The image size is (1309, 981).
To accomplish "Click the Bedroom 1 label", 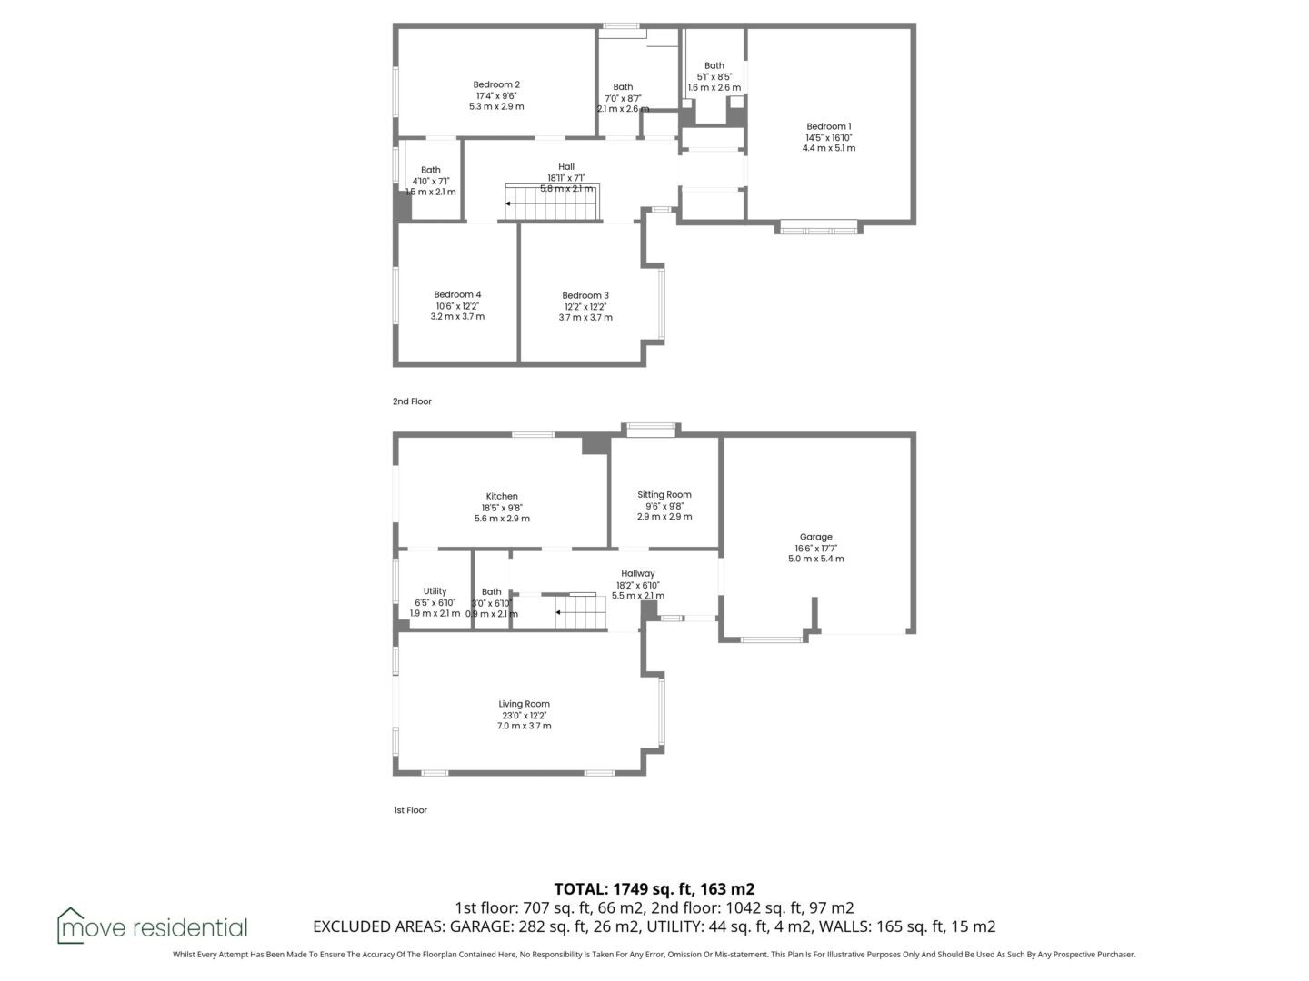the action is pyautogui.click(x=828, y=126).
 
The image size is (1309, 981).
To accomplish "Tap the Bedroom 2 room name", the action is pyautogui.click(x=496, y=84).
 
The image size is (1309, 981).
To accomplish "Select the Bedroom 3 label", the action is pyautogui.click(x=585, y=295).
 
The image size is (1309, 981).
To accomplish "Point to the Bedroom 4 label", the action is pyautogui.click(x=457, y=294).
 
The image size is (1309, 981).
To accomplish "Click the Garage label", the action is pyautogui.click(x=815, y=537).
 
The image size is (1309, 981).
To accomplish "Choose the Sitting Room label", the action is pyautogui.click(x=664, y=495).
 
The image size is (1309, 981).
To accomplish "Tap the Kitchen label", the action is pyautogui.click(x=502, y=496).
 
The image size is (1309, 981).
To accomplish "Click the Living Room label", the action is pyautogui.click(x=524, y=704).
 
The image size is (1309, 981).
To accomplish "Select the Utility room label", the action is pyautogui.click(x=435, y=591).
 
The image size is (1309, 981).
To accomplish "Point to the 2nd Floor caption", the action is pyautogui.click(x=412, y=401).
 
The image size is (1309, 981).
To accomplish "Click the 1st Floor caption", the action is pyautogui.click(x=410, y=810).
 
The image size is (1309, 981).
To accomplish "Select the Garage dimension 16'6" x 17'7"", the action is pyautogui.click(x=815, y=549).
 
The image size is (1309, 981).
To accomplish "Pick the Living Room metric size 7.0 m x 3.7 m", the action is pyautogui.click(x=524, y=726).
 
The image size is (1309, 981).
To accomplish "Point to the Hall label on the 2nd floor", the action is pyautogui.click(x=566, y=167).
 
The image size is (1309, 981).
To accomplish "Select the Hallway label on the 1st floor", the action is pyautogui.click(x=637, y=573).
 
